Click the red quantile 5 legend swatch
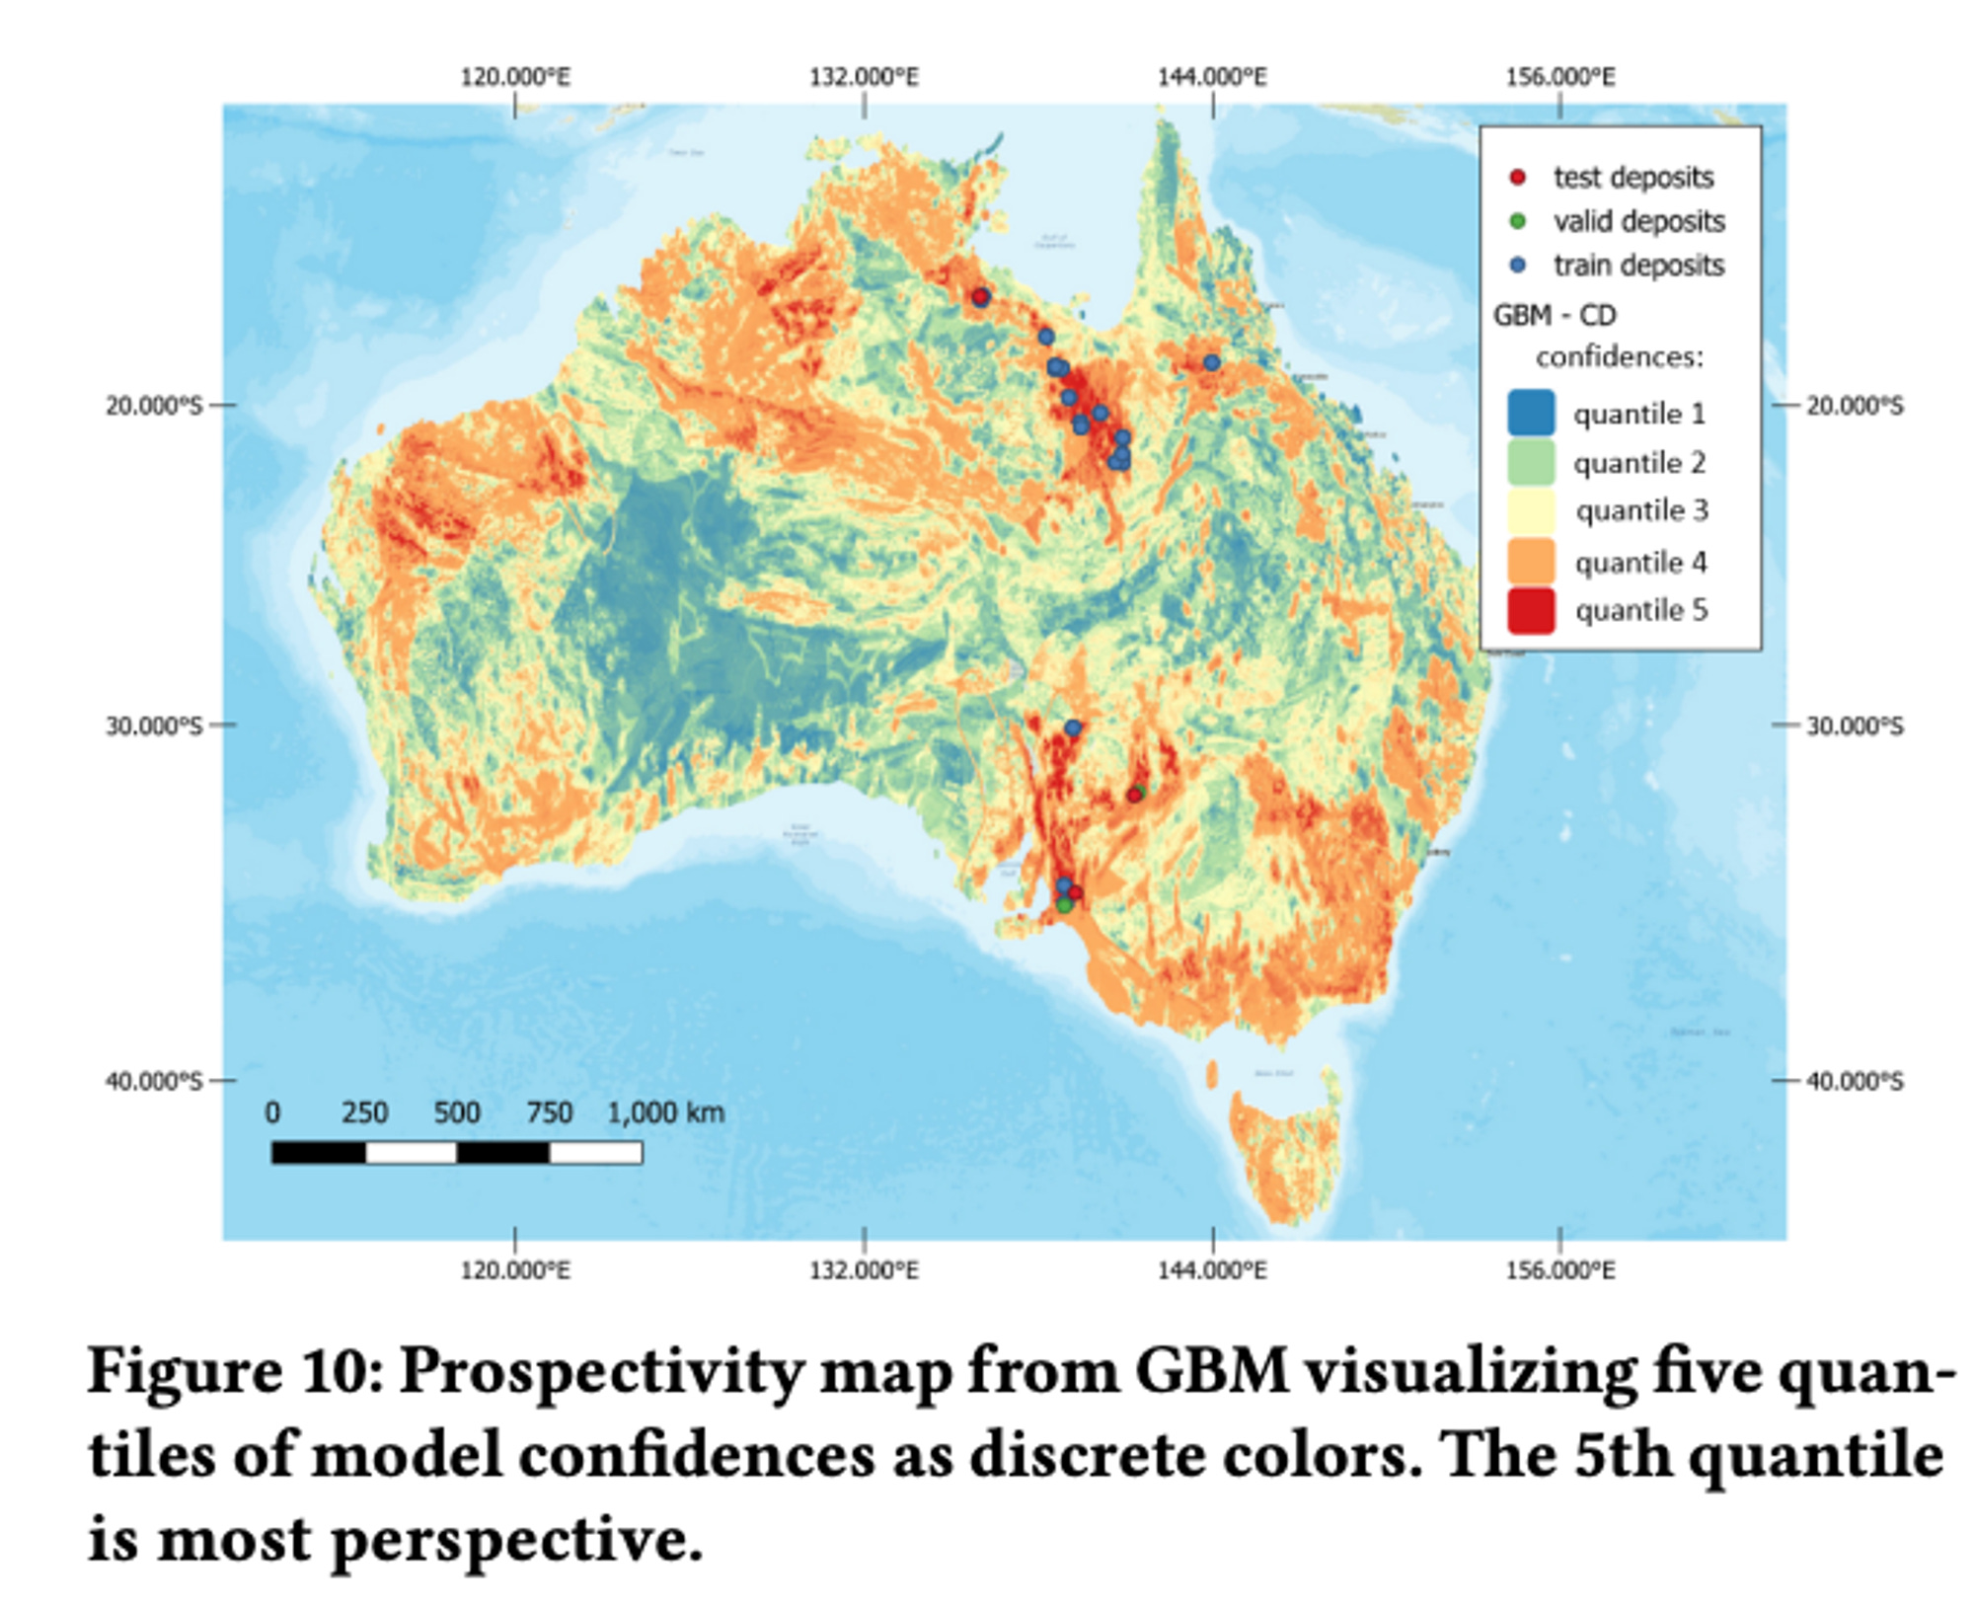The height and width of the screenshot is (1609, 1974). tap(1531, 610)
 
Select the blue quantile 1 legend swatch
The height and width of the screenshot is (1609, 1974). tap(1531, 413)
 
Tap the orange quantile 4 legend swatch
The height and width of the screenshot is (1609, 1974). tap(1531, 561)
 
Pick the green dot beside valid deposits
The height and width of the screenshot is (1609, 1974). tap(1518, 221)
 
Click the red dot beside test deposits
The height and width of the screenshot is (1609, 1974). tap(1518, 178)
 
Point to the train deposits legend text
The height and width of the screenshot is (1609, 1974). tap(1638, 266)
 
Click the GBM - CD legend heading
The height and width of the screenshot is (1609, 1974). tap(1555, 316)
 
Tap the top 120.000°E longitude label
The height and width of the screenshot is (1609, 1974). tap(515, 77)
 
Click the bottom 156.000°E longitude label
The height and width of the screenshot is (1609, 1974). tap(1559, 1269)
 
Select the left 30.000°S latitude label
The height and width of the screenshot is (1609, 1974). tap(154, 726)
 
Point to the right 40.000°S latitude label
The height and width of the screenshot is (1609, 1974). tap(1855, 1081)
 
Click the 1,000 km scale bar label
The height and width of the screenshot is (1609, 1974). tap(666, 1113)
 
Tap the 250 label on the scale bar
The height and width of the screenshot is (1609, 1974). tap(364, 1113)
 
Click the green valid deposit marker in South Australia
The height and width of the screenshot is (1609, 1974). tap(1064, 904)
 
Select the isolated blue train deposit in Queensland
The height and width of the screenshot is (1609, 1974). tap(1211, 363)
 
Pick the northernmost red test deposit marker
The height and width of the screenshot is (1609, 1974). tap(980, 296)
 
